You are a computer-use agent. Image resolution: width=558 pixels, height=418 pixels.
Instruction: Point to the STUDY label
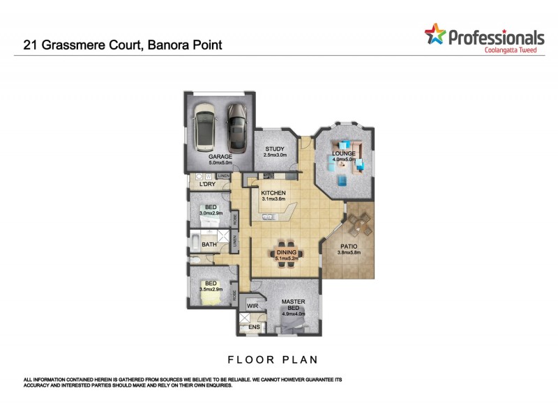tap(274, 148)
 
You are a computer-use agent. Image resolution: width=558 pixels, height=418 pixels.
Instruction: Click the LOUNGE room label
tap(344, 153)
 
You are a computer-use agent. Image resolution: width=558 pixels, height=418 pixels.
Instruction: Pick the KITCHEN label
tap(274, 193)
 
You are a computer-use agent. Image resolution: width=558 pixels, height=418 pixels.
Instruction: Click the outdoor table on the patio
tap(360, 224)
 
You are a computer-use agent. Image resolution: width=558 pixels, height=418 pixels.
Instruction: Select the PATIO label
tap(349, 246)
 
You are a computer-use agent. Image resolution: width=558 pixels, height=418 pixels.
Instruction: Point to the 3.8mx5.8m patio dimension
tap(349, 252)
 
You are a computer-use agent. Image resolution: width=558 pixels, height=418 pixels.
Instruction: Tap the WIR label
tap(252, 305)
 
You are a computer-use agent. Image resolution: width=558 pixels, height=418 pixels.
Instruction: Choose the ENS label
tap(254, 326)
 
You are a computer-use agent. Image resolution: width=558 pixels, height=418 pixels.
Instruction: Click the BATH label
tap(209, 245)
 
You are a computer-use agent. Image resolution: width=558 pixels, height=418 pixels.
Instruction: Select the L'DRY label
tap(207, 185)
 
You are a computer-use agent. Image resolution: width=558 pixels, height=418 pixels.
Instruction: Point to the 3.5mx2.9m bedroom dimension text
tap(211, 288)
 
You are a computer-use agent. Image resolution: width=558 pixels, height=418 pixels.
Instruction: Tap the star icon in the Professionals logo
tap(435, 33)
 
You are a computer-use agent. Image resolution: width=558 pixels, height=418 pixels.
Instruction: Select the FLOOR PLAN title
tap(273, 360)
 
